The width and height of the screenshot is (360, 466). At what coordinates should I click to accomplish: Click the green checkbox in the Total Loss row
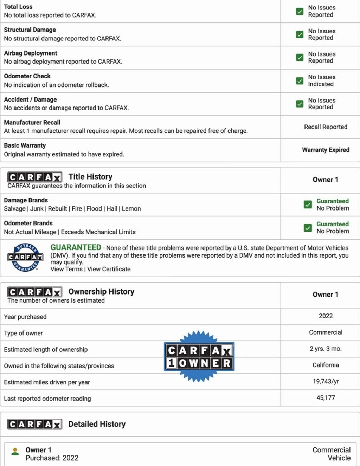tap(300, 12)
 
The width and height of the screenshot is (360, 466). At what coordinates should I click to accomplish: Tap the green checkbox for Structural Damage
tap(300, 34)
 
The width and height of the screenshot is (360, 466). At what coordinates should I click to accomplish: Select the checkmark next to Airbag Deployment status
tap(300, 57)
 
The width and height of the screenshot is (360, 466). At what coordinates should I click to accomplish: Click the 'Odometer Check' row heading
tap(27, 76)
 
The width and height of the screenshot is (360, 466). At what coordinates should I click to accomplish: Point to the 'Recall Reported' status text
tap(326, 127)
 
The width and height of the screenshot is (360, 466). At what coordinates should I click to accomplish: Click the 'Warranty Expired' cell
tap(326, 150)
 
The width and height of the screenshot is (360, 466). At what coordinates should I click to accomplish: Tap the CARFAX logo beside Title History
tap(35, 177)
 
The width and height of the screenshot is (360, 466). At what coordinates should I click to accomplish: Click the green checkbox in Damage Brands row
tap(308, 205)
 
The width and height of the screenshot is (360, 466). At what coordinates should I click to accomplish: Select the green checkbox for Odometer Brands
tap(308, 228)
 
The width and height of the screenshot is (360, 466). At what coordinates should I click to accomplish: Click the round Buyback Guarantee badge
tap(25, 257)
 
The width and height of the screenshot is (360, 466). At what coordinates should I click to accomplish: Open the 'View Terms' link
tap(66, 269)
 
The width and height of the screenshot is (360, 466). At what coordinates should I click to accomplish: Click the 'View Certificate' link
tap(109, 269)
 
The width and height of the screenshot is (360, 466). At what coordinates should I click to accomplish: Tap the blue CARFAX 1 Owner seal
tap(199, 356)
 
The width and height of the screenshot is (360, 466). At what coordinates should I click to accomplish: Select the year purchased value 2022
tap(326, 316)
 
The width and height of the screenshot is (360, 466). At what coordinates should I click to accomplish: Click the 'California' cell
tap(326, 365)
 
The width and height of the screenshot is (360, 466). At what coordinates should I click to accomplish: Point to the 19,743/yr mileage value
tap(326, 381)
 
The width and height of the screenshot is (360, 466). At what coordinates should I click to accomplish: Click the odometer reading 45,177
tap(326, 398)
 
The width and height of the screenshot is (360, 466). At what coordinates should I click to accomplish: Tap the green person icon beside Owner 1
tap(15, 452)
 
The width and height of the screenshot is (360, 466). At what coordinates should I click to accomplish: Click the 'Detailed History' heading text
tap(97, 424)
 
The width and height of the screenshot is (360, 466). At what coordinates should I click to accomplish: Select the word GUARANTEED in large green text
tap(76, 247)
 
